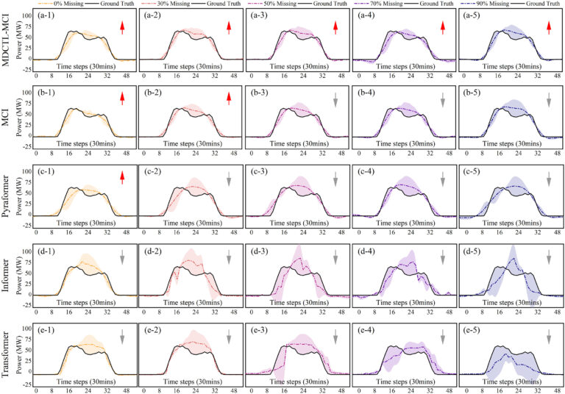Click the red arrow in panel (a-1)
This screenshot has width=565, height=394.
(x=123, y=28)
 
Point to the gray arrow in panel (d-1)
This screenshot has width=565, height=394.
(x=123, y=256)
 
